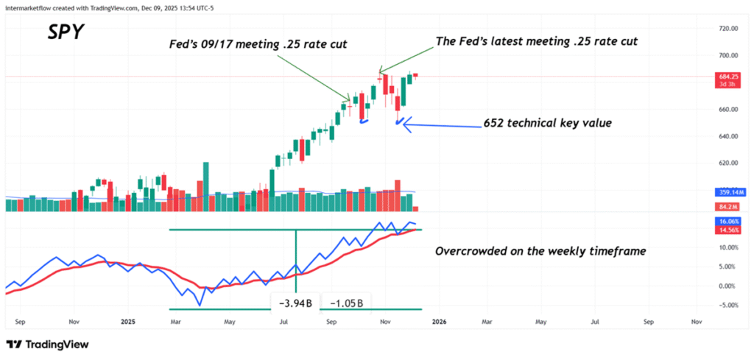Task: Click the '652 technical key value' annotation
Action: (546, 123)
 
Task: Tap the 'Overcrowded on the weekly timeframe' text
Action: (540, 251)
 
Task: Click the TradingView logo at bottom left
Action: (48, 345)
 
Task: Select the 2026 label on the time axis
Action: (437, 322)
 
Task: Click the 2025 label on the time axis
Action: (129, 322)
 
